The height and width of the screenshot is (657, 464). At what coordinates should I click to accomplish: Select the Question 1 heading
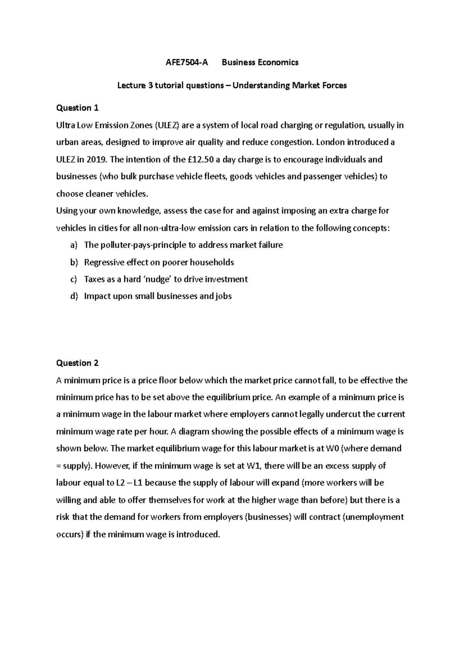click(77, 108)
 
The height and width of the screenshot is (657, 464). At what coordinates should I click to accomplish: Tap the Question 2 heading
click(77, 363)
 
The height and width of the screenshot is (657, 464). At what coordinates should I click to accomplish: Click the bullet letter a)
click(74, 245)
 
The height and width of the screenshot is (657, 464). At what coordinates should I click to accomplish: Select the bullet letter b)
click(74, 262)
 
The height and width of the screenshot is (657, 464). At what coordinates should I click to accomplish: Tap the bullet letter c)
click(74, 279)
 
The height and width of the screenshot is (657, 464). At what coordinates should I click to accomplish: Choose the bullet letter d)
click(74, 296)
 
